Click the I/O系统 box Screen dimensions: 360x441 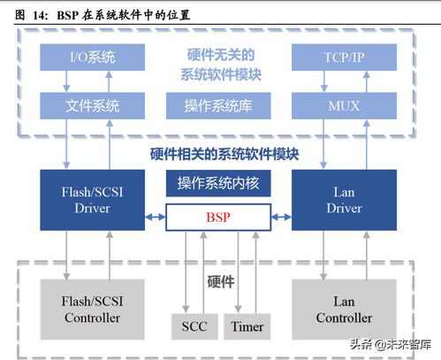92,58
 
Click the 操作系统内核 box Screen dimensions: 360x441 218,184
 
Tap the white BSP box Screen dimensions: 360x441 218,216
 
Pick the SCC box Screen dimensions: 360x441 194,326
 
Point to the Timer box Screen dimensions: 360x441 247,326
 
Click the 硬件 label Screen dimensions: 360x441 220,282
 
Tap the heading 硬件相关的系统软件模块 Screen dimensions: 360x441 224,154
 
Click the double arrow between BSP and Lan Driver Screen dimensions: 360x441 281,217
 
